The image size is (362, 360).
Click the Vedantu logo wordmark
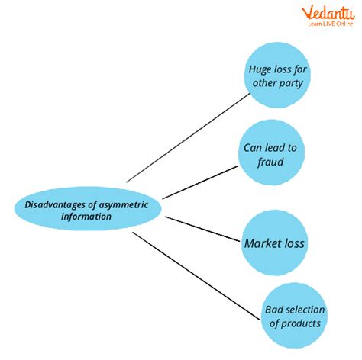pos(328,13)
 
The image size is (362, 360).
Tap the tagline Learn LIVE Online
pos(331,24)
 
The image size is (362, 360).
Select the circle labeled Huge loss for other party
pos(277,75)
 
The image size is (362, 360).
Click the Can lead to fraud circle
pos(271,153)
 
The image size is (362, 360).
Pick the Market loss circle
pos(274,243)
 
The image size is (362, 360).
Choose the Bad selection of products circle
pos(294,316)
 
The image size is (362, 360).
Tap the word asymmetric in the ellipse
pos(124,206)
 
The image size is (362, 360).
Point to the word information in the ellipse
pos(86,217)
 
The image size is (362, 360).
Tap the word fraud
pos(270,162)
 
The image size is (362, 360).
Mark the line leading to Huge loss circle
pos(189,138)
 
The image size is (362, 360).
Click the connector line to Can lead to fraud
pos(200,182)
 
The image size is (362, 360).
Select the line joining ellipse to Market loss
pos(202,229)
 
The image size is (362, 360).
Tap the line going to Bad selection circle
pos(196,276)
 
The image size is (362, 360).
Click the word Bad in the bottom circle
pos(273,310)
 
